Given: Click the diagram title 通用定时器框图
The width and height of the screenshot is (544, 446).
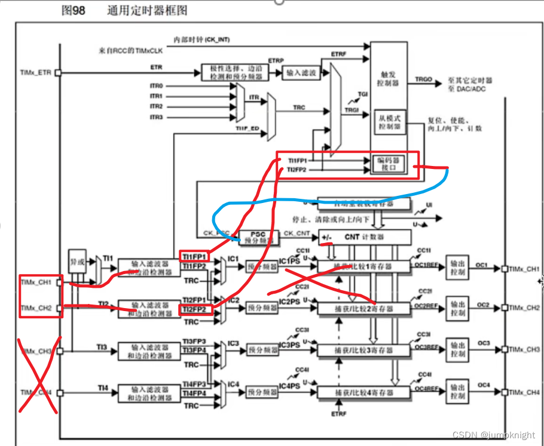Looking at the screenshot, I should click(x=146, y=11).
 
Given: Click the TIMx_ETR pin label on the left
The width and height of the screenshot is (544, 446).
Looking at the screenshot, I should click(x=36, y=73).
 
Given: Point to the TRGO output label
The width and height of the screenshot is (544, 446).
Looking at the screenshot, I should click(x=423, y=79).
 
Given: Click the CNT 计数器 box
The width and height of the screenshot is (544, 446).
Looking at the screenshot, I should click(x=365, y=237).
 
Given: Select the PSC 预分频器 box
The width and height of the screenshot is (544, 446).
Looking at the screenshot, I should click(x=258, y=238).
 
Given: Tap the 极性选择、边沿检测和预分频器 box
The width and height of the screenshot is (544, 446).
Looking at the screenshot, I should click(x=235, y=72).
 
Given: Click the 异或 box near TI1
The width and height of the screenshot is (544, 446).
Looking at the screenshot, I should click(x=77, y=260).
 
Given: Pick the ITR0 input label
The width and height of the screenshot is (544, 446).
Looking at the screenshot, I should click(x=156, y=86).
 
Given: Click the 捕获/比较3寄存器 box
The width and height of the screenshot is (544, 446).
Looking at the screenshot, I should click(x=364, y=350).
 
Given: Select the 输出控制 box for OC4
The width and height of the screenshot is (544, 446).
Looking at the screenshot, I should click(x=458, y=392).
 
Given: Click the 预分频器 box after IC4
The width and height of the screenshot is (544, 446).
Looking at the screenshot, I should click(x=262, y=392).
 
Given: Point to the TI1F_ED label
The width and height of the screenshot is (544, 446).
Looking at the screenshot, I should click(x=247, y=128).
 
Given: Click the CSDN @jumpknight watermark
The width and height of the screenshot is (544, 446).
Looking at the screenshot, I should click(x=494, y=436).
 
